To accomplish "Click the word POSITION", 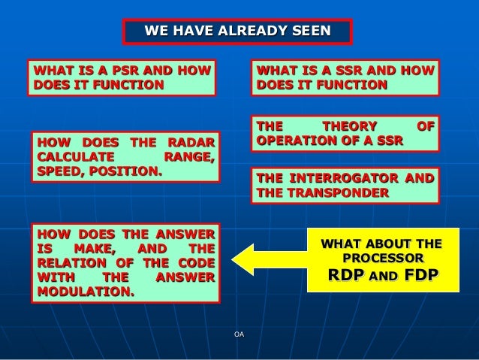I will click(x=127, y=171).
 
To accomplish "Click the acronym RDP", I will click(x=345, y=275).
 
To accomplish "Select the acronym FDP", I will click(x=420, y=275).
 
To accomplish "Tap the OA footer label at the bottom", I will click(x=239, y=334).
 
